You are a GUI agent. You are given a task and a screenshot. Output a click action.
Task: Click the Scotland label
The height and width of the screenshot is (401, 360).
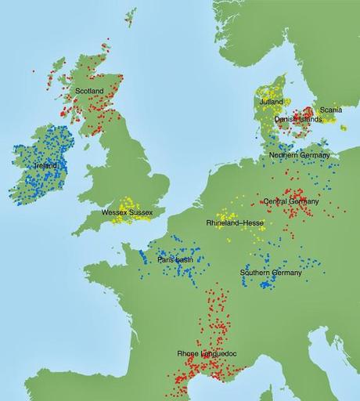(x=89, y=91)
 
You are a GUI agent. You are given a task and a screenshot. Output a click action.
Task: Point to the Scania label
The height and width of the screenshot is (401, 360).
(x=330, y=110)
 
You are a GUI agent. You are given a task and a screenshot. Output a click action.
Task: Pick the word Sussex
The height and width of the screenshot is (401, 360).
(x=142, y=212)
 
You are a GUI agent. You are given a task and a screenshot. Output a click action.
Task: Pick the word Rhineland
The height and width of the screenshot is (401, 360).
(x=223, y=223)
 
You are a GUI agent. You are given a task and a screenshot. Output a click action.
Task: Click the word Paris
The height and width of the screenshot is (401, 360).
(x=164, y=259)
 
